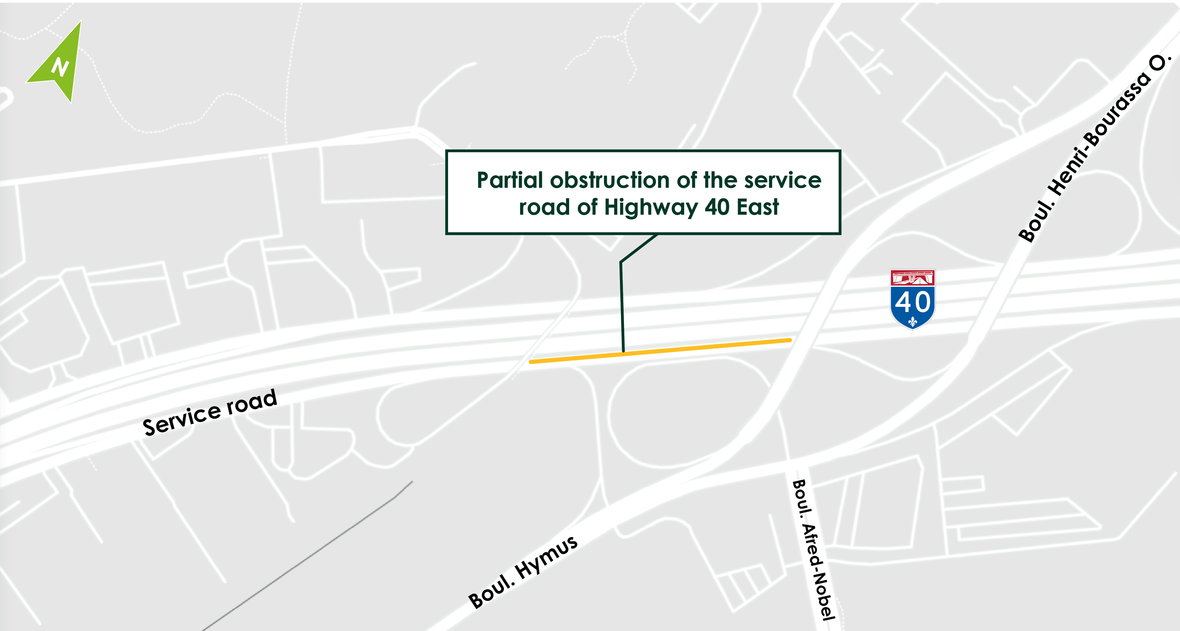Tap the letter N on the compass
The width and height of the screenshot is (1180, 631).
[60, 67]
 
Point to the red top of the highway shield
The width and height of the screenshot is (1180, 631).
[912, 277]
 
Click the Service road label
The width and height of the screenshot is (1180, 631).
[210, 413]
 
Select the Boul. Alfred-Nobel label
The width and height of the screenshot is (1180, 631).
[814, 550]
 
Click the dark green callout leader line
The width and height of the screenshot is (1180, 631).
[622, 303]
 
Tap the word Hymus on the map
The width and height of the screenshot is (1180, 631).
[546, 557]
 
